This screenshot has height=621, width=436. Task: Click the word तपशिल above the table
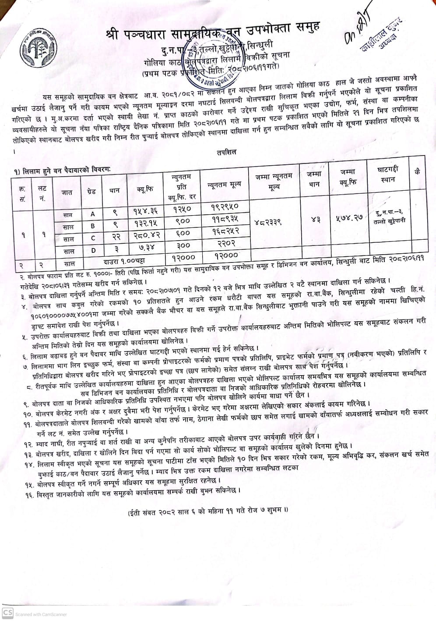click(226, 152)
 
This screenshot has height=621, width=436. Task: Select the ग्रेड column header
click(91, 192)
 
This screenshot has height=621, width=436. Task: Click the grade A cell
click(92, 214)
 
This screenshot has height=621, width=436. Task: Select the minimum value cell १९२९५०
click(225, 206)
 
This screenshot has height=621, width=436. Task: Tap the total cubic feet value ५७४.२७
click(350, 218)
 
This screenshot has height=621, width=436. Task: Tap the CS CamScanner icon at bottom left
click(7, 613)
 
